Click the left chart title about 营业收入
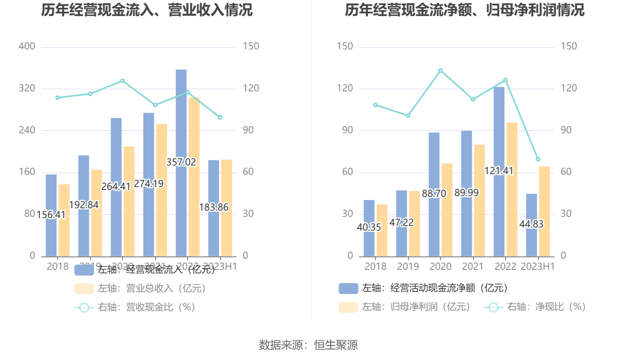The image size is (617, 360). (147, 10)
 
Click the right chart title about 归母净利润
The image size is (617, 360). (465, 10)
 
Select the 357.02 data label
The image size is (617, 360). (181, 162)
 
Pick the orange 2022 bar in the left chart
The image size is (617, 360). (194, 176)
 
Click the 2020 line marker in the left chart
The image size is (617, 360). (123, 81)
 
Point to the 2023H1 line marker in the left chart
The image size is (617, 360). (220, 118)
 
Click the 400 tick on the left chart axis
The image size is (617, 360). (27, 46)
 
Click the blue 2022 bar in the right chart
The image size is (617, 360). (499, 129)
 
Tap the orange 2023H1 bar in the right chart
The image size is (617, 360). (544, 212)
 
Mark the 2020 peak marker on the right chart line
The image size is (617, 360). (441, 71)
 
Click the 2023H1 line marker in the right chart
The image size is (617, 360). (538, 159)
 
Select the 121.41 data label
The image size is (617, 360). (499, 171)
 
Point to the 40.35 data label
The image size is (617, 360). (369, 227)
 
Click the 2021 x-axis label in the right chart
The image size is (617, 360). (473, 267)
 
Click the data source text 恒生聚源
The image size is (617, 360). (336, 345)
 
